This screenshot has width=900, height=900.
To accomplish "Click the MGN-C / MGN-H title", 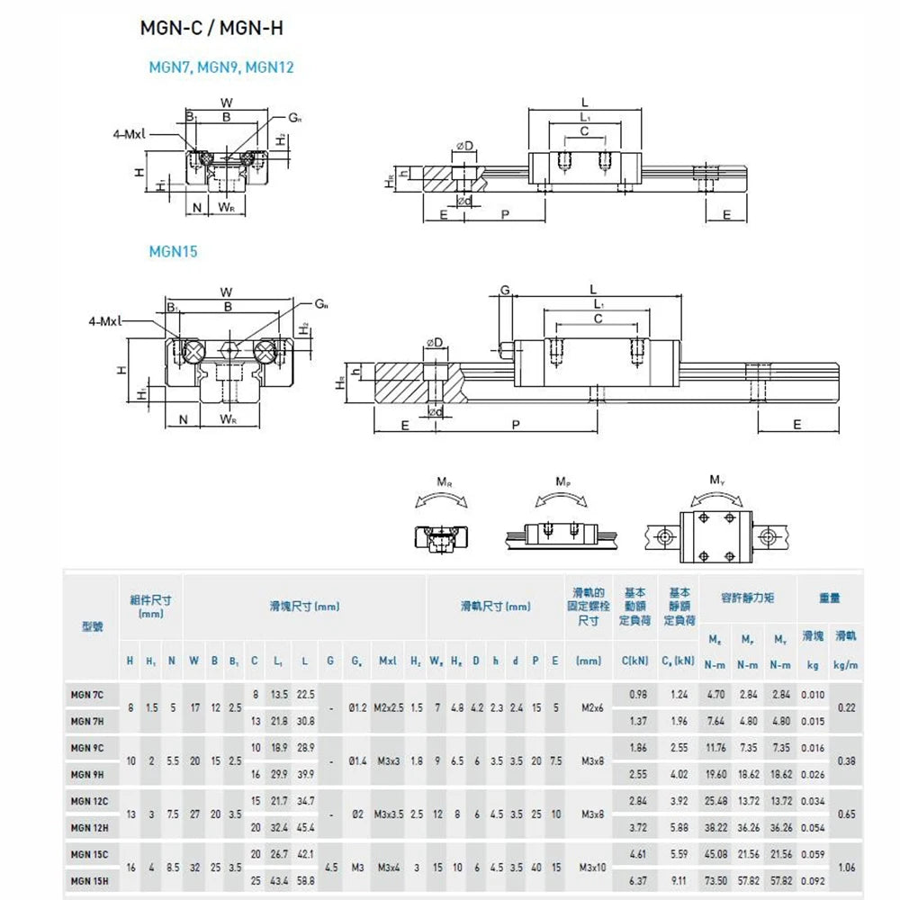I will (x=211, y=28).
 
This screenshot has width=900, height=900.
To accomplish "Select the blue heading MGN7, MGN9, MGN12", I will (x=220, y=67).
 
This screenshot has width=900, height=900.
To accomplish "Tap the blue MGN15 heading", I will (x=173, y=252).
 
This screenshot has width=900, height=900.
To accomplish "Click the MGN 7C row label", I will (x=87, y=695).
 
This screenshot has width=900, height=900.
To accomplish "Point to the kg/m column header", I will (x=845, y=665).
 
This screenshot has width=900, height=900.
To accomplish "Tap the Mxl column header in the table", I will (x=389, y=661).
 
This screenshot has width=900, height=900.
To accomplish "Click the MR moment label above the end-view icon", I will (x=444, y=482).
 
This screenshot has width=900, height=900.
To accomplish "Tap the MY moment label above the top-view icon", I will (x=716, y=481).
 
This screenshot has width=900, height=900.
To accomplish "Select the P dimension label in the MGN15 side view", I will (x=514, y=425).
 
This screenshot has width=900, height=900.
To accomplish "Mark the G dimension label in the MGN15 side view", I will (x=505, y=290).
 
